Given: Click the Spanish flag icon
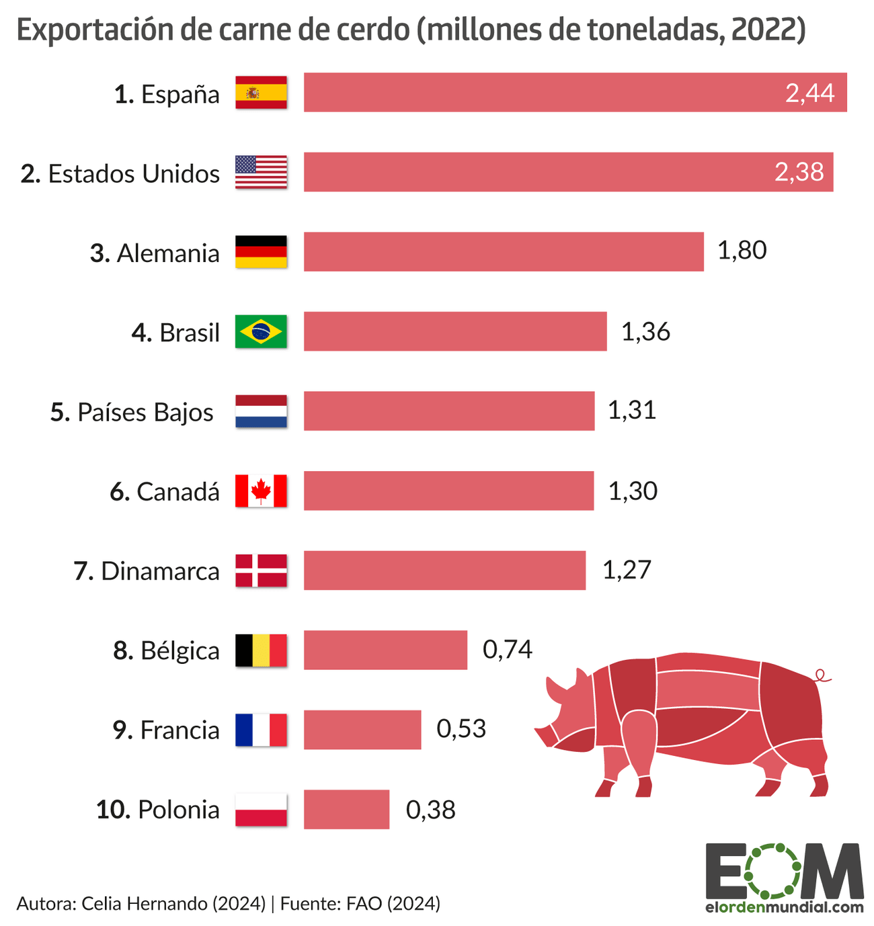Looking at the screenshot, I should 261,93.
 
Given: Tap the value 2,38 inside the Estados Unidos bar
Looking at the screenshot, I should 799,172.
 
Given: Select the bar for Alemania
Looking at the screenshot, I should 503,252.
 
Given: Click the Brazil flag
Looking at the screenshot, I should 261,331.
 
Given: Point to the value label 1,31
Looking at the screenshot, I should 631,410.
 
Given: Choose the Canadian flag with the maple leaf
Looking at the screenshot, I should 261,491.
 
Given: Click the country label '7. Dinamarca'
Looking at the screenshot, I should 147,571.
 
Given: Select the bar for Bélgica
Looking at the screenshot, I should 385,650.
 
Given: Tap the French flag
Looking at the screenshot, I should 261,730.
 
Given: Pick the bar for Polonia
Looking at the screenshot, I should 346,809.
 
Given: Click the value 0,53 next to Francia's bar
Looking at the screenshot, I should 461,729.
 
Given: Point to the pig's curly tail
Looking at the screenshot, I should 821,675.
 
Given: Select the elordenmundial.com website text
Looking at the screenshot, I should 784,907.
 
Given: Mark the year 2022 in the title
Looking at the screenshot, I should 763,30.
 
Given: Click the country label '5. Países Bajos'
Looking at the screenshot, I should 132,412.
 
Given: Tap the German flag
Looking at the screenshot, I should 261,252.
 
